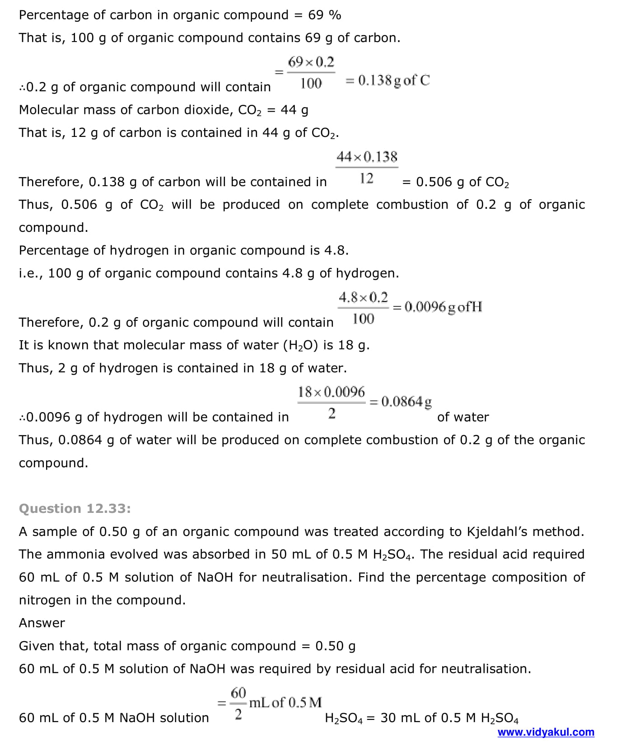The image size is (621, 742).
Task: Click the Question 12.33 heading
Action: tap(75, 508)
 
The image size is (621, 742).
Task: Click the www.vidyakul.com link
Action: tap(546, 732)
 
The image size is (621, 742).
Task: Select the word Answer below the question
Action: tap(42, 623)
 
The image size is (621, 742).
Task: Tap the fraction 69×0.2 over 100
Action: tap(311, 72)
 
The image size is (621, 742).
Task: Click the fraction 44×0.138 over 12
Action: tap(367, 168)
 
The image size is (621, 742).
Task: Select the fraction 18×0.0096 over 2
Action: tap(331, 402)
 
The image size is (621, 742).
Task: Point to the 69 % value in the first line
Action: tap(324, 15)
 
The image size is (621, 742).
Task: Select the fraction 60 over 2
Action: tap(238, 703)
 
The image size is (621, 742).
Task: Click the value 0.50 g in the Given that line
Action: tap(335, 646)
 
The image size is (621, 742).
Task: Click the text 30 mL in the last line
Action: tap(399, 718)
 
